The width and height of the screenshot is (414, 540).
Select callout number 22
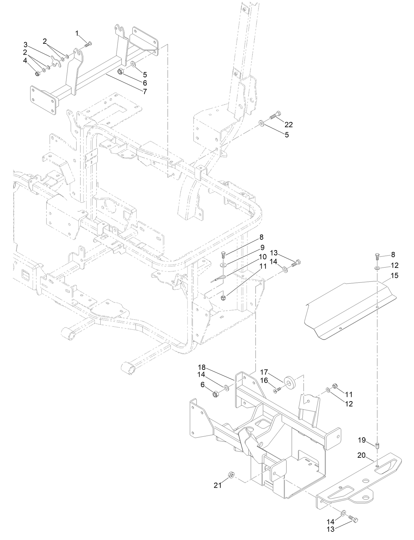[289, 124]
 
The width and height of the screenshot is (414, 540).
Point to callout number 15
[394, 276]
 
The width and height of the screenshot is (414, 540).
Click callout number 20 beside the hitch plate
[361, 455]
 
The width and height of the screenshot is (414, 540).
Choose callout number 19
[362, 440]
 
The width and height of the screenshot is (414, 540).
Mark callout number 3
[25, 44]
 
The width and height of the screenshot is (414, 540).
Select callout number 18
[201, 367]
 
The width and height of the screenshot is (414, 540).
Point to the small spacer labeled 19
[377, 446]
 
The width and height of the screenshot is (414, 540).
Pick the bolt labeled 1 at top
[88, 44]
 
